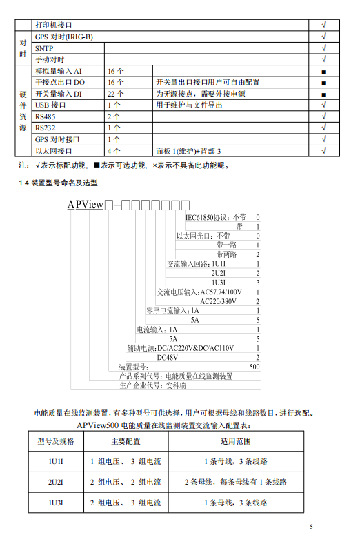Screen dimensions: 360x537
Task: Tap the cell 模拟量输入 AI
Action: click(x=58, y=71)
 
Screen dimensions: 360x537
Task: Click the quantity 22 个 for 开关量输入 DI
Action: click(x=115, y=94)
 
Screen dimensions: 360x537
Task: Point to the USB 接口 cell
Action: click(x=51, y=105)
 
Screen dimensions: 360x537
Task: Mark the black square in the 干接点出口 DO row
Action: click(x=323, y=83)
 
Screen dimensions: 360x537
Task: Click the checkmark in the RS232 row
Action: click(x=323, y=128)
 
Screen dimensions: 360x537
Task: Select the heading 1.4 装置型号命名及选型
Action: click(x=69, y=183)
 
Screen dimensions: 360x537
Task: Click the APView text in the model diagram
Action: click(x=85, y=205)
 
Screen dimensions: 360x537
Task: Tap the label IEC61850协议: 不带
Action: click(x=215, y=216)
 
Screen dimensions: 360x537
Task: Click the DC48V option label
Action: click(x=168, y=358)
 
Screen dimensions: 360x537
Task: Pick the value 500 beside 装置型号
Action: click(x=254, y=367)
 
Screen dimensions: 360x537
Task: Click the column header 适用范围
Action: click(x=235, y=441)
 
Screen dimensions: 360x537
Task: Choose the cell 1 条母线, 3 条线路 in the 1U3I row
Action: click(x=235, y=504)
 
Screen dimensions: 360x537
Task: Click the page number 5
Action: click(x=311, y=527)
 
